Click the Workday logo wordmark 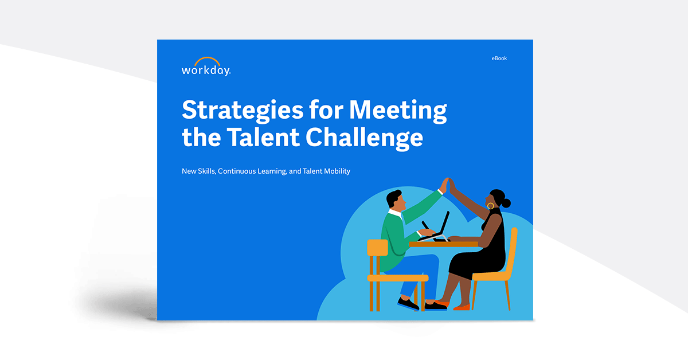(206, 71)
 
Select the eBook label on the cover (499, 58)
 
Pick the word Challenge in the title (364, 138)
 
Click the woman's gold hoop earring (491, 205)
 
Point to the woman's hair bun (506, 202)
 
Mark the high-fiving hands (448, 185)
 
